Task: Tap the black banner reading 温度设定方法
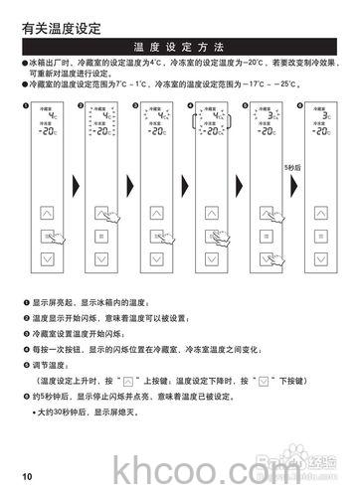[179, 48]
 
